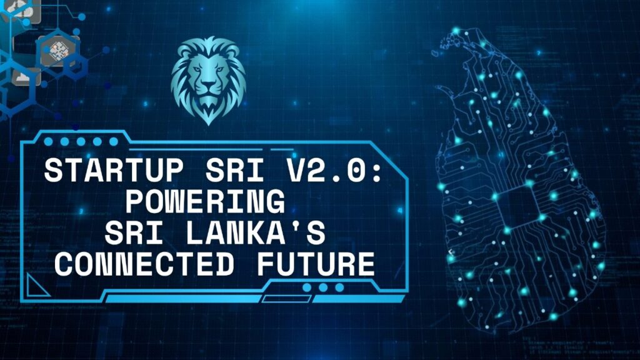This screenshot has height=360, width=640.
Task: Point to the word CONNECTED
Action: click(144, 264)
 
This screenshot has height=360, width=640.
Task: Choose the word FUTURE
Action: click(316, 264)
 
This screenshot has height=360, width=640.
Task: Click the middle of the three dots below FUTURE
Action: click(323, 287)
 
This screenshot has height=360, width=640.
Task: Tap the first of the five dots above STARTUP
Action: click(48, 142)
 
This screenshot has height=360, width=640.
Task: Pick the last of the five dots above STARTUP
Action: click(114, 142)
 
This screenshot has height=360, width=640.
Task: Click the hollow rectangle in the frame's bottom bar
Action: click(286, 299)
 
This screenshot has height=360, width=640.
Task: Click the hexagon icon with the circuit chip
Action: click(58, 51)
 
